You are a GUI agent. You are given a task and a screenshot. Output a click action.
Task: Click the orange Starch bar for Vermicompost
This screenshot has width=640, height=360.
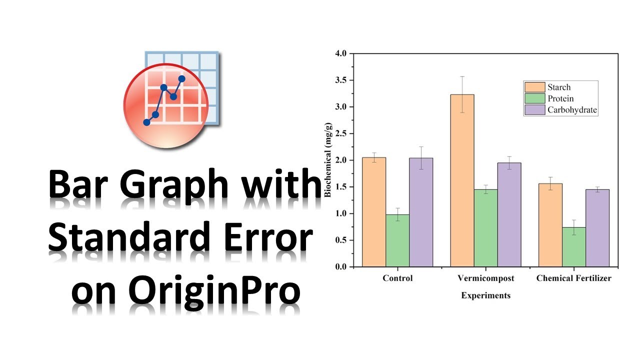point(462,180)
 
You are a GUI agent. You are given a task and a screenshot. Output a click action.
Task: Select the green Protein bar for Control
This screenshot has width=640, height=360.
point(397,240)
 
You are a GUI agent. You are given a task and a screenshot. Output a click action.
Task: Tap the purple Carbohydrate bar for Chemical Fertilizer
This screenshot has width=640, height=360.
point(597,228)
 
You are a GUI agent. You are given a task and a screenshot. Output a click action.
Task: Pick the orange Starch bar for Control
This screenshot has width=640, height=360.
point(374,212)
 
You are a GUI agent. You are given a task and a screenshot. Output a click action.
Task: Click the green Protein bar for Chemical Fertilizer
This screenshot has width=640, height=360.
point(574,247)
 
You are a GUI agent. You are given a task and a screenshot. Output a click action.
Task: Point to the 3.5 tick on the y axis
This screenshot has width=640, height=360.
point(341,80)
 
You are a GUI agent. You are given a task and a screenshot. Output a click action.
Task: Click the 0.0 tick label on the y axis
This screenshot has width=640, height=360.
point(341,267)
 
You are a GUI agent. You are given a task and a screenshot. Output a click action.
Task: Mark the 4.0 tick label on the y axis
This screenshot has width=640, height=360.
point(341,53)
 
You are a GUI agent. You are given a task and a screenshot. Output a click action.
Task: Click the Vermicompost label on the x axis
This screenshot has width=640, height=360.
point(485,278)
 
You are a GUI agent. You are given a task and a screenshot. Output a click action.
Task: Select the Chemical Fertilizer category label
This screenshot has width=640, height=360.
point(573,278)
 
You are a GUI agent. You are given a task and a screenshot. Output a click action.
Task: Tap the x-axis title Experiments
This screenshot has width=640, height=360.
point(485,295)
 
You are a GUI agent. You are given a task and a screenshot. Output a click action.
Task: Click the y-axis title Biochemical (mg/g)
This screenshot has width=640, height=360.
point(328,160)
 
